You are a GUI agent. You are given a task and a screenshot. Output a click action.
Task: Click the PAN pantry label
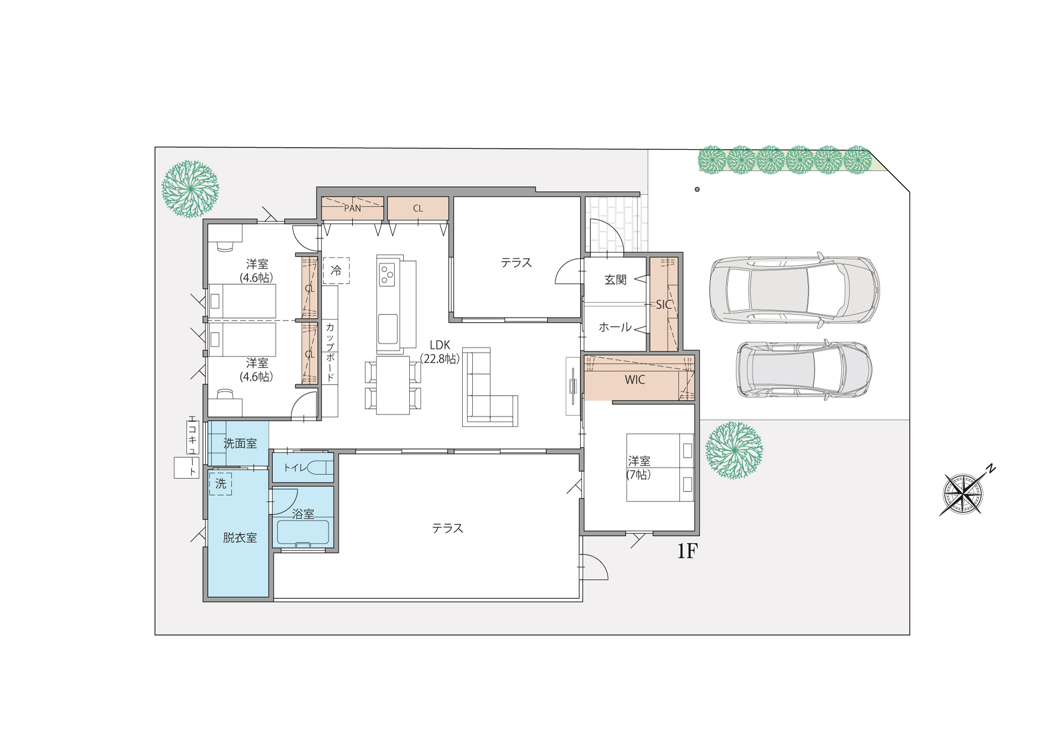click(352, 208)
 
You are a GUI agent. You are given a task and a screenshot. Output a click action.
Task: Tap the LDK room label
click(440, 345)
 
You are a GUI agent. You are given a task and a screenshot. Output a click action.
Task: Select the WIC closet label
click(635, 380)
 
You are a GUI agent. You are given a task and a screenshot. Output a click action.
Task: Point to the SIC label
click(664, 304)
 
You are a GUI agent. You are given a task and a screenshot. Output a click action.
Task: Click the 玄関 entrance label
click(615, 280)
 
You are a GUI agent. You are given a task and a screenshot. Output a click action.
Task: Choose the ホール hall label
click(615, 327)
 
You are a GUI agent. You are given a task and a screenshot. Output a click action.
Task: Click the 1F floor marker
click(688, 551)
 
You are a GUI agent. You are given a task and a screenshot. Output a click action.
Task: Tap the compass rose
click(964, 493)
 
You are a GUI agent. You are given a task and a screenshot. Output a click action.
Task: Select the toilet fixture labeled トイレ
click(320, 468)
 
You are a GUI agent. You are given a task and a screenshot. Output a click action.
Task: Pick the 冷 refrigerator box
click(336, 271)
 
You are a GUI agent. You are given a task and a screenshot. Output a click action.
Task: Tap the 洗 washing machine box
click(221, 484)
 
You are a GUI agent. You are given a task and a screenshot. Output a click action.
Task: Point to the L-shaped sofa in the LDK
click(490, 387)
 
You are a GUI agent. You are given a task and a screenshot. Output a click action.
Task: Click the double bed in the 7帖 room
click(660, 467)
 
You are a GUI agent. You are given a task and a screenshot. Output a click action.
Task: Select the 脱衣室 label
click(240, 538)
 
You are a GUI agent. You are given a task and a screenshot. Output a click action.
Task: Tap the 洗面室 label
click(240, 444)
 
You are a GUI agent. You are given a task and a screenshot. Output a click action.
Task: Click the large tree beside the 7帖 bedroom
click(734, 450)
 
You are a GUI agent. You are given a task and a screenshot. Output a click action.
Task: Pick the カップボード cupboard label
click(330, 352)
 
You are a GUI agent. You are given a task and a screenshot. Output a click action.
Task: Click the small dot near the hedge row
click(697, 190)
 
